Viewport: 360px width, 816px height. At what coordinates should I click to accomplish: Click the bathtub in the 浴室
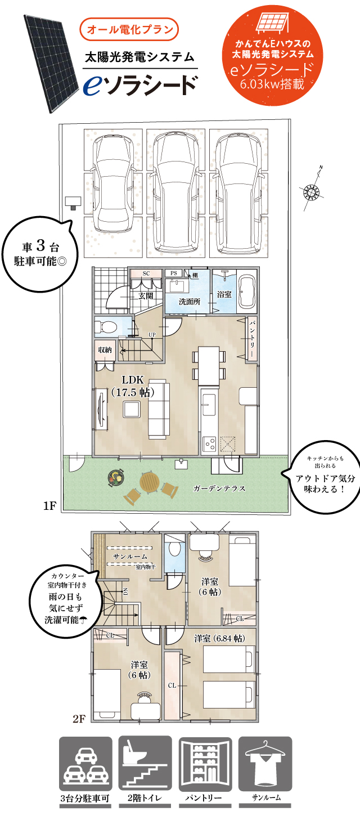click(x=247, y=292)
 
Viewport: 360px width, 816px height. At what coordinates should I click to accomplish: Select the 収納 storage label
click(x=105, y=349)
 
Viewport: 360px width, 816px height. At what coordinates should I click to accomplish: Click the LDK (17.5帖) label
click(x=133, y=387)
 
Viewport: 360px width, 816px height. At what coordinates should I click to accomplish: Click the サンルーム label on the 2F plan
click(x=130, y=556)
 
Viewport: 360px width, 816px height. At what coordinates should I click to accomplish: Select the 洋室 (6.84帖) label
click(x=219, y=638)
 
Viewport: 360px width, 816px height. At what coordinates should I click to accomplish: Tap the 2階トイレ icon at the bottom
click(x=145, y=764)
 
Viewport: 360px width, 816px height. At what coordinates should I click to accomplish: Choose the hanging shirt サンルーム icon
click(x=266, y=764)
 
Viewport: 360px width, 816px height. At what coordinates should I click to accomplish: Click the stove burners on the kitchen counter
click(x=210, y=443)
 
